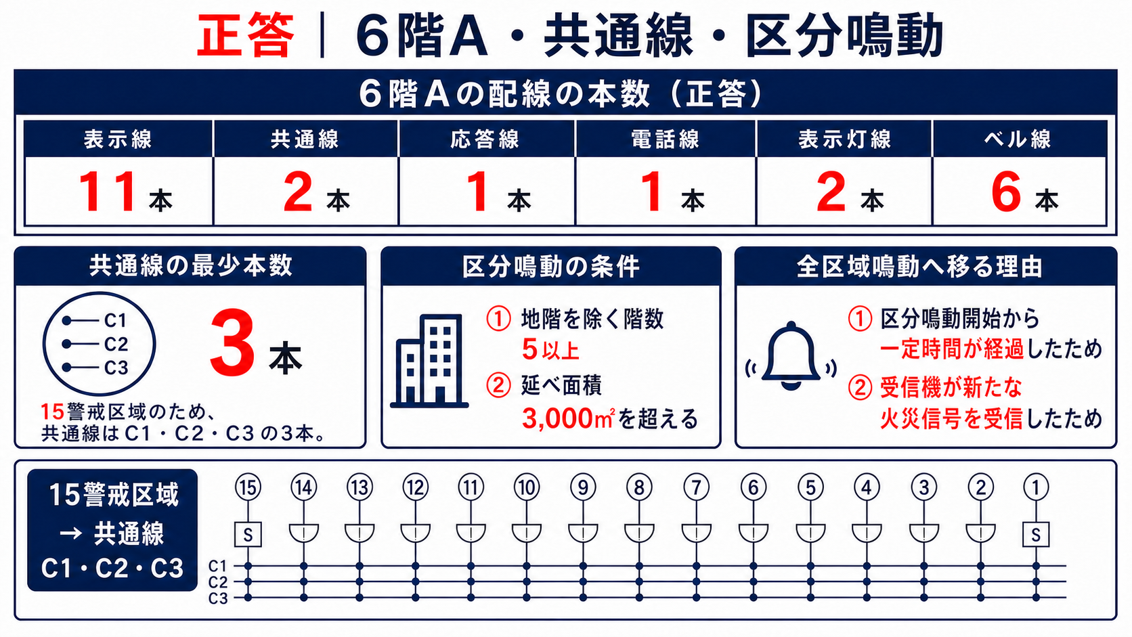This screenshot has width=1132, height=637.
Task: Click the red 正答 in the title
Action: [x=245, y=35]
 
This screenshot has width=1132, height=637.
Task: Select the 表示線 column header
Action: [x=118, y=139]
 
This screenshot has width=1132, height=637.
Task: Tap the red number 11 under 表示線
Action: [x=107, y=192]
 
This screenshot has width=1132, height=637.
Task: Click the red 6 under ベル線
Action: [x=1005, y=192]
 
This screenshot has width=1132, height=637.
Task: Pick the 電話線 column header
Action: [x=665, y=139]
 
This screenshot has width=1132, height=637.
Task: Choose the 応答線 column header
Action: [x=485, y=139]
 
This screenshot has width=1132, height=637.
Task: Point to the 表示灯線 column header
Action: [x=844, y=139]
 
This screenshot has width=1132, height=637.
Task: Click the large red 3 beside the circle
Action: [x=232, y=343]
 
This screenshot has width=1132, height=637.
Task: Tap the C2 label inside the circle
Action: [x=116, y=344]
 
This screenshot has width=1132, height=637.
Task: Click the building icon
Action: [x=429, y=361]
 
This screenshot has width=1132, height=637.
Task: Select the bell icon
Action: [x=791, y=355]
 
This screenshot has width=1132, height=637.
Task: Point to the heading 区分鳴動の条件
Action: [x=551, y=267]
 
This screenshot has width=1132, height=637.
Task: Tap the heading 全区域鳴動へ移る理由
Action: [x=919, y=267]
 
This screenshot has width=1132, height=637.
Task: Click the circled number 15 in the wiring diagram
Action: [x=248, y=487]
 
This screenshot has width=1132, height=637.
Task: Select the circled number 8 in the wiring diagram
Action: [x=639, y=487]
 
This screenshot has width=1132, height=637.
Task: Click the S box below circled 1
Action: [x=1035, y=535]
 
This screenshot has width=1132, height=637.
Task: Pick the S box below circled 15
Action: [x=248, y=535]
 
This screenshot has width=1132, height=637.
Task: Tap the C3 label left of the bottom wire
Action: [x=218, y=598]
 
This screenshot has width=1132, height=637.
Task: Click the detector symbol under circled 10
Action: [x=527, y=533]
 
